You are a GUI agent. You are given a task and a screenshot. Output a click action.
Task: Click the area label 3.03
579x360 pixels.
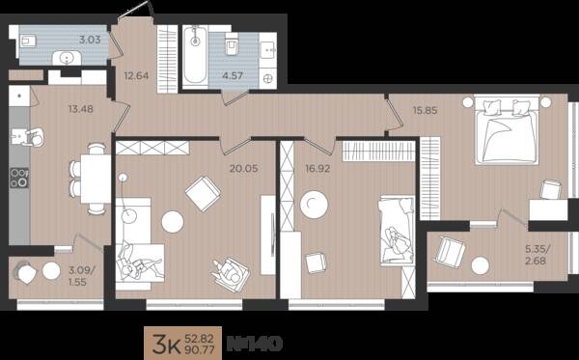(x=90, y=40)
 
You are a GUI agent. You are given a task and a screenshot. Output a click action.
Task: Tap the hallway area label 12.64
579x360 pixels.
(x=136, y=76)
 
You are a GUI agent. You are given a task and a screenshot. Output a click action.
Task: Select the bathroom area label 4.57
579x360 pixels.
(x=233, y=75)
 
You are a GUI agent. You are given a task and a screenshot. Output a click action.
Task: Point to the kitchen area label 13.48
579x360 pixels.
(x=81, y=109)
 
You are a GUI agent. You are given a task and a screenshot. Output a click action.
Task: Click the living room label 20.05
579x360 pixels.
(x=244, y=168)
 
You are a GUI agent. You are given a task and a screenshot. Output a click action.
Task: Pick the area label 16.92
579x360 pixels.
(x=317, y=168)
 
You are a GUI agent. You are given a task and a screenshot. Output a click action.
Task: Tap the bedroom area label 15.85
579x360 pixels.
(x=426, y=110)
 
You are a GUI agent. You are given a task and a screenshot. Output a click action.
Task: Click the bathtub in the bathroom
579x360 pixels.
(x=195, y=57)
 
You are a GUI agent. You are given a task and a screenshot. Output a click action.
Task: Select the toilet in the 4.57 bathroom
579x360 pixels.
(x=232, y=44)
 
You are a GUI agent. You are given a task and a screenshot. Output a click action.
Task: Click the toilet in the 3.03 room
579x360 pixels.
(x=28, y=41)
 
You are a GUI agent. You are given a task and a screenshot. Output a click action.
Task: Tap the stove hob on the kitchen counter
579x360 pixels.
(x=19, y=178)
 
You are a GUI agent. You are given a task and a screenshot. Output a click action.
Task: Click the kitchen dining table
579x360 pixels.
(x=96, y=179)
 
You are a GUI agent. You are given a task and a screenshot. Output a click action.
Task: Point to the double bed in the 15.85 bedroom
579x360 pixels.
(x=507, y=129)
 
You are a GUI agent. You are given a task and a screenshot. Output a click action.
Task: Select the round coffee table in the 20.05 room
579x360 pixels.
(x=173, y=222)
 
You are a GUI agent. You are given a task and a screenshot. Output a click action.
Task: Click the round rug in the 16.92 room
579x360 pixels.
(x=314, y=205)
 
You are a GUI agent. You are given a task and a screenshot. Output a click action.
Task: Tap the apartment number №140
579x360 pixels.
(x=255, y=344)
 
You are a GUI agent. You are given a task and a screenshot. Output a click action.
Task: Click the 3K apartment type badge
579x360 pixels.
(x=166, y=345)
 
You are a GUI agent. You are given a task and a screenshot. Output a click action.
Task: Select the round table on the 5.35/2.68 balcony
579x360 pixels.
(x=481, y=265)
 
